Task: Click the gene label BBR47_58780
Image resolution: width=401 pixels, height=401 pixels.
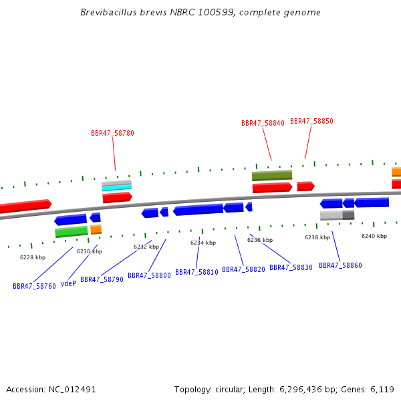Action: pos(112,133)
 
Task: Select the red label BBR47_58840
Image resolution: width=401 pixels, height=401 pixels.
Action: pos(263,123)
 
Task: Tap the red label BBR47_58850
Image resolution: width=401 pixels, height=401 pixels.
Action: pos(311,121)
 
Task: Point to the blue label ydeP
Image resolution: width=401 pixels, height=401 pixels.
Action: pos(69,283)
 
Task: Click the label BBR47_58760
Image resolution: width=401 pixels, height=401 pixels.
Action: pos(34,286)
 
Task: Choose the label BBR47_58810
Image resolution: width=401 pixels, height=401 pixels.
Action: pos(196,272)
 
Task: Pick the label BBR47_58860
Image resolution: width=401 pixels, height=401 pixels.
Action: pos(340,265)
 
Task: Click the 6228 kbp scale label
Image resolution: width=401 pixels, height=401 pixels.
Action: pos(33,257)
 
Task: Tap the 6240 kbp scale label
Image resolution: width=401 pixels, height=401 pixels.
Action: pos(374,236)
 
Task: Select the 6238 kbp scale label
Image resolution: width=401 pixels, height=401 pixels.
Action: pos(317,237)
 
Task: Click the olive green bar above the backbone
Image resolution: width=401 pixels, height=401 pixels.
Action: pos(272,175)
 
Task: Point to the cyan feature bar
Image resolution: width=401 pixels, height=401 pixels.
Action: pos(117,188)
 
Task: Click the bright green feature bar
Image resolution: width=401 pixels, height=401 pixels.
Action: pos(72,231)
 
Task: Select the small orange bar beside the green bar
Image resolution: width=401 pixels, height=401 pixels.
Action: pos(96,229)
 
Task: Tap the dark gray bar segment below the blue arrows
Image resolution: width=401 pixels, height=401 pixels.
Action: pos(349,215)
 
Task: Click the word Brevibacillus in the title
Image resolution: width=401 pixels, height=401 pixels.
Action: pos(109,12)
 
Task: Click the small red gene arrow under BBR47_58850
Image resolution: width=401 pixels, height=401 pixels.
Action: pos(306,186)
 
